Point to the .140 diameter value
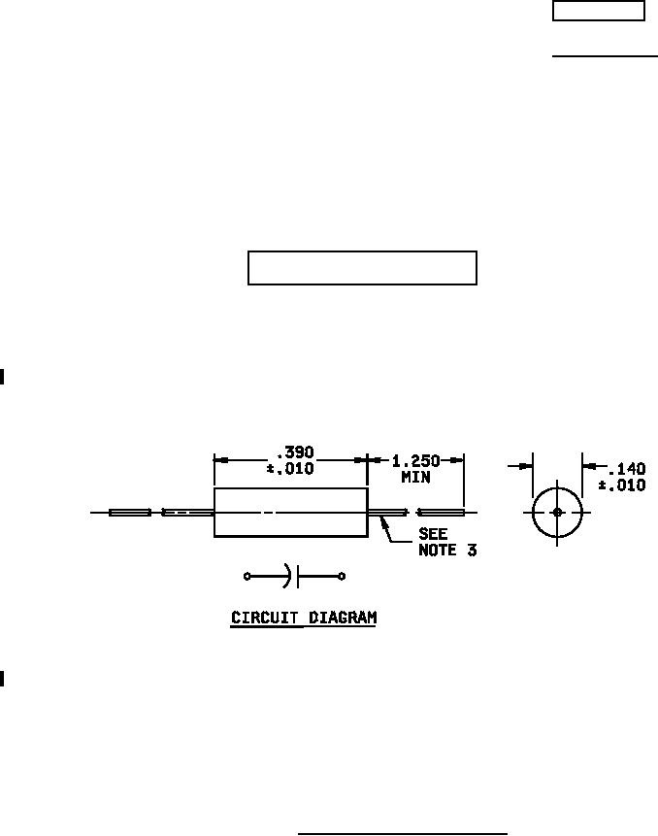click(x=626, y=469)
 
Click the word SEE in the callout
click(x=433, y=534)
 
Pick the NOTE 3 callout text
click(x=446, y=550)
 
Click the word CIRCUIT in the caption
click(x=264, y=617)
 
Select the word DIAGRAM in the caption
click(x=341, y=617)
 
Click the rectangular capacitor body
click(x=290, y=512)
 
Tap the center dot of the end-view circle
click(x=556, y=512)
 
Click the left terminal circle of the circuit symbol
click(x=247, y=577)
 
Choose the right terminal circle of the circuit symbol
click(x=342, y=577)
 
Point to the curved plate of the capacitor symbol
click(x=287, y=577)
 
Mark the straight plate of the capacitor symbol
click(x=299, y=577)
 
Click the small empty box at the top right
click(x=598, y=11)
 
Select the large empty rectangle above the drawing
click(x=362, y=268)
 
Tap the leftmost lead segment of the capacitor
click(x=130, y=512)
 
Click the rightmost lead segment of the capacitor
click(x=442, y=512)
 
